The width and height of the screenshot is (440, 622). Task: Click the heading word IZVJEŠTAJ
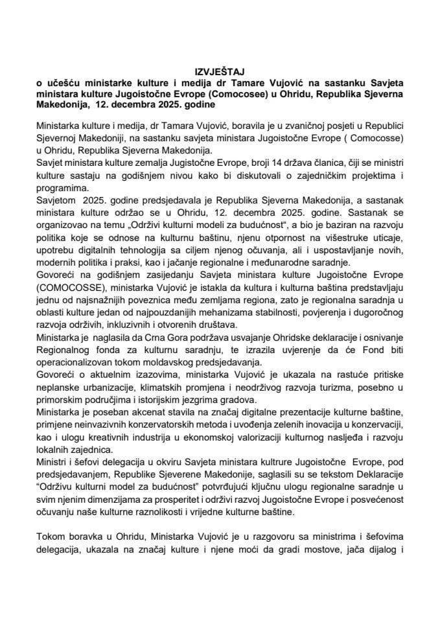coord(220,71)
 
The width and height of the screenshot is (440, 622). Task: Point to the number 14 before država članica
coord(238,170)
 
